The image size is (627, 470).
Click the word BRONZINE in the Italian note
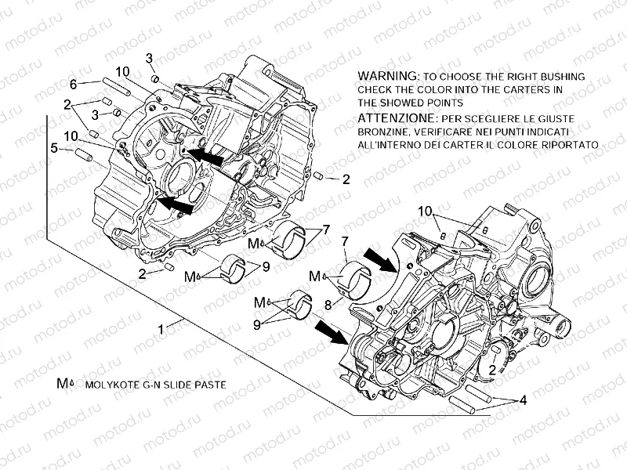pyautogui.click(x=385, y=132)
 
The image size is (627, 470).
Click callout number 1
pyautogui.click(x=161, y=331)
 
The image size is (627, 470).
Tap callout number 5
pyautogui.click(x=54, y=146)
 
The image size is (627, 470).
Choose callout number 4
pyautogui.click(x=524, y=399)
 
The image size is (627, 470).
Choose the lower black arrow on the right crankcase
pyautogui.click(x=331, y=332)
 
